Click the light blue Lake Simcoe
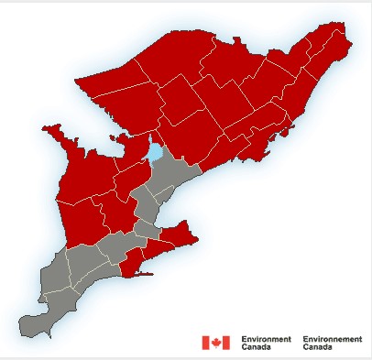156,150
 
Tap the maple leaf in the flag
215,343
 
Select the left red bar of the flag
205,343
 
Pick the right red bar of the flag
225,343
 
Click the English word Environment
266,339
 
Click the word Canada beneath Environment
256,347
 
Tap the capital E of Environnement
304,339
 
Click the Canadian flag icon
215,343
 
